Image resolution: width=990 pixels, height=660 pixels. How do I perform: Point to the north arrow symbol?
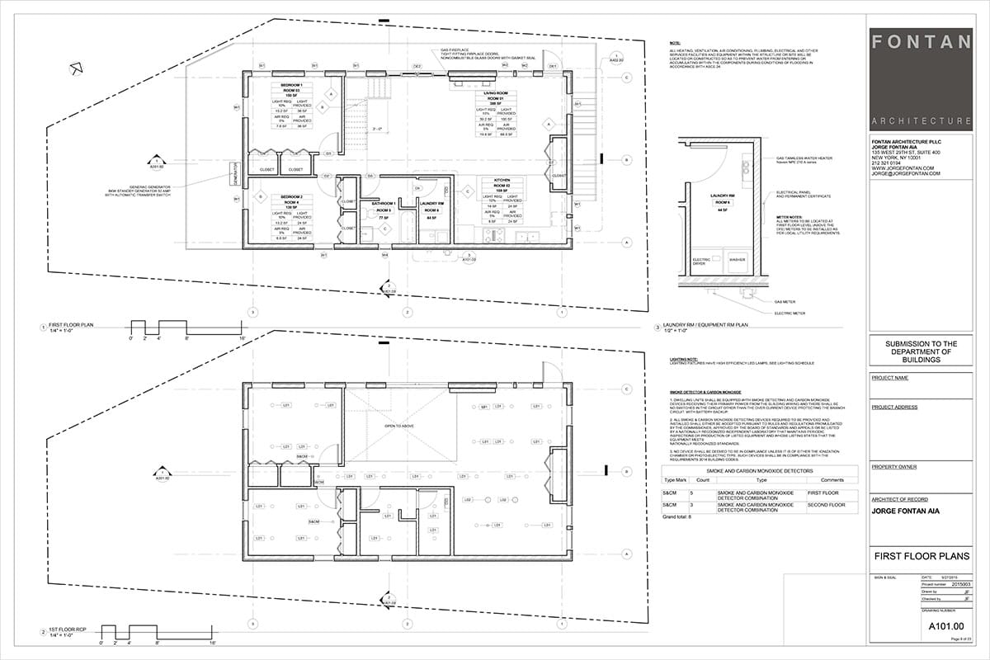pyautogui.click(x=76, y=68)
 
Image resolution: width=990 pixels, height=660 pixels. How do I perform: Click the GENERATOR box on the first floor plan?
pyautogui.click(x=234, y=174)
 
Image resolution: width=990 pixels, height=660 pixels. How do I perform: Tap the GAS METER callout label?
pyautogui.click(x=785, y=303)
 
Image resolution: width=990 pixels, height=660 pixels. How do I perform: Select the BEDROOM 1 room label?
pyautogui.click(x=291, y=85)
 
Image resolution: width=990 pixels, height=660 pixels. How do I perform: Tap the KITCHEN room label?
pyautogui.click(x=502, y=179)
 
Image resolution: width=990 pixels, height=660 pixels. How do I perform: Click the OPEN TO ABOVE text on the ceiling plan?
pyautogui.click(x=398, y=426)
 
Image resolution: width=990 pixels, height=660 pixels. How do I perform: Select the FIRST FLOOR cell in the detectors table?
pyautogui.click(x=818, y=493)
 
